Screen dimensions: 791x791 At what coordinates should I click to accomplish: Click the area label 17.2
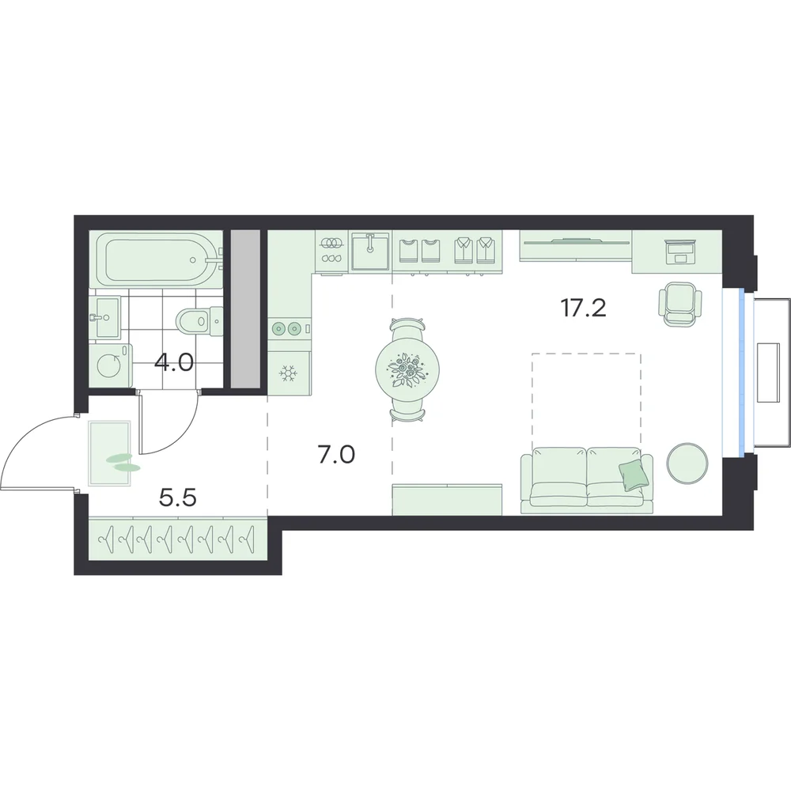tap(584, 308)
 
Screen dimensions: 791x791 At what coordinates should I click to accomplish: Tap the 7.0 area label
tap(336, 455)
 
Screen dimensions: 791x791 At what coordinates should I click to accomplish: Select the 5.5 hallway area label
tap(177, 498)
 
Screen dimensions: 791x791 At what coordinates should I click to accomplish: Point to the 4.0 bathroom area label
tap(174, 362)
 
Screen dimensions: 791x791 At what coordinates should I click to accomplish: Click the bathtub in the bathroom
tap(157, 259)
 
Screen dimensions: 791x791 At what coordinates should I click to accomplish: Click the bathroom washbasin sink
tap(104, 317)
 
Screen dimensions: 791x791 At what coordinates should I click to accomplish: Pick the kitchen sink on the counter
tap(371, 252)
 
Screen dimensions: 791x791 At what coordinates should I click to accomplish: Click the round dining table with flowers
tap(407, 369)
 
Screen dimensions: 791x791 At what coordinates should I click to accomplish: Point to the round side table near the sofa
tap(687, 462)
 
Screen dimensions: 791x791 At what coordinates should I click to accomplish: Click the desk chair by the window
tap(679, 304)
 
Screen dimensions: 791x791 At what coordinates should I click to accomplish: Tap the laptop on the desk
tap(681, 252)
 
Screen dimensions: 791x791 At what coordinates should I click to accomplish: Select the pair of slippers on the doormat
tap(121, 463)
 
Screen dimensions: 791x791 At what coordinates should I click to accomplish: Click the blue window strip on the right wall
tap(742, 373)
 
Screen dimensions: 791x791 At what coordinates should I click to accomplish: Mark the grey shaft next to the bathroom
tap(245, 308)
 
